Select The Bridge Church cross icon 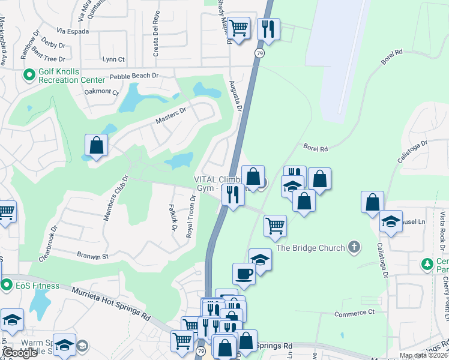[355, 247]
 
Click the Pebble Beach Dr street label [133, 76]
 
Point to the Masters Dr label [171, 112]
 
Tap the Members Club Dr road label [116, 198]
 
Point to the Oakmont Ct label [102, 91]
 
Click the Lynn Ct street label [113, 59]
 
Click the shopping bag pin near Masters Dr [96, 145]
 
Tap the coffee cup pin [244, 274]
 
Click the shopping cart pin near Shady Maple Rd [239, 27]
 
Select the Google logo [20, 353]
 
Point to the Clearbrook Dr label [48, 243]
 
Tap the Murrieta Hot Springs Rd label [112, 302]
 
